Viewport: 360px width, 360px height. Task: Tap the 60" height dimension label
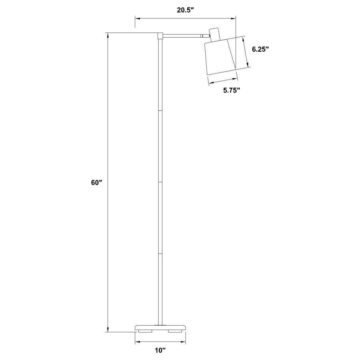click(x=96, y=182)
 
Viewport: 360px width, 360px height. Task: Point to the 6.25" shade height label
click(x=260, y=49)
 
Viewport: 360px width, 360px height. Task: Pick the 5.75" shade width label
click(x=231, y=90)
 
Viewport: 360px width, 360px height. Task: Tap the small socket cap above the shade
click(x=215, y=34)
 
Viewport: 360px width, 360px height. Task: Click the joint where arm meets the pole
click(x=160, y=36)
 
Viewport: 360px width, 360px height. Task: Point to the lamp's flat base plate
click(x=160, y=327)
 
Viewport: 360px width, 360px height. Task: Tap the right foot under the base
click(x=175, y=331)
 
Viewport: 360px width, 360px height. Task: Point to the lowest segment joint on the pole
click(x=160, y=254)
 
